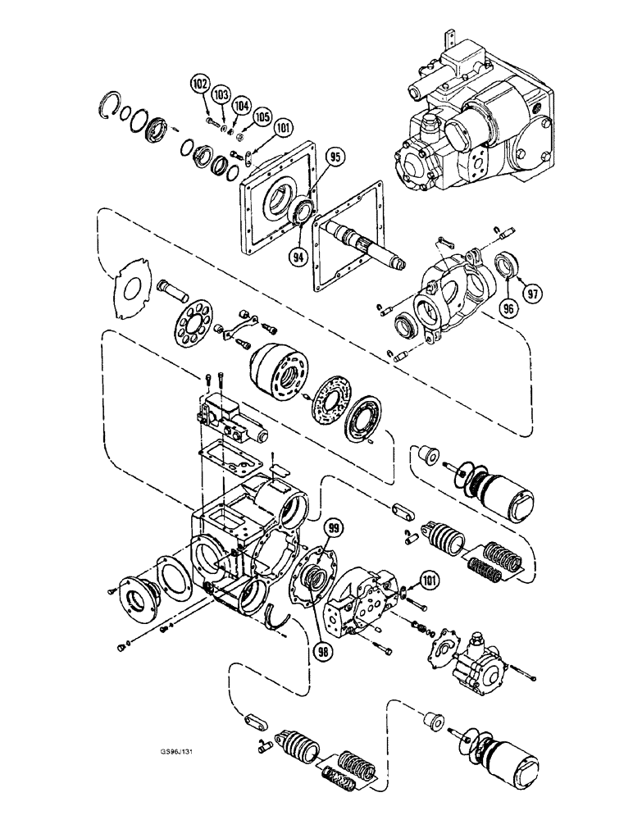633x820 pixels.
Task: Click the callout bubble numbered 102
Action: pyautogui.click(x=199, y=83)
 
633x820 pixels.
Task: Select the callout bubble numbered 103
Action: pyautogui.click(x=220, y=96)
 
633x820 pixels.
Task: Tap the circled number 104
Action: pyautogui.click(x=241, y=107)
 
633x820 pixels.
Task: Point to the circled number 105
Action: pyautogui.click(x=262, y=118)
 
